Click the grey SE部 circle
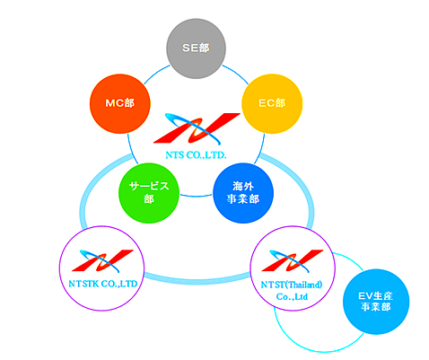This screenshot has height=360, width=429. tap(196, 48)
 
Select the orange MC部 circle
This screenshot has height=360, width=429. tap(120, 103)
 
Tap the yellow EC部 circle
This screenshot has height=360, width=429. tap(272, 103)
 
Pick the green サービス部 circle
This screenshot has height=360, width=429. tap(149, 193)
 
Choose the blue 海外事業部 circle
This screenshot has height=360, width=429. tap(243, 193)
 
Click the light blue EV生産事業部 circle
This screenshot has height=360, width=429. tap(376, 302)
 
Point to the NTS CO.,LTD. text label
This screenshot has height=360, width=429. tap(196, 155)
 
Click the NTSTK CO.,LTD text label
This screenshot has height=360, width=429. tap(103, 284)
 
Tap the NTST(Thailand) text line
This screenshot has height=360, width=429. tap(292, 285)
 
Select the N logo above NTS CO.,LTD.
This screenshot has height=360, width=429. tap(197, 128)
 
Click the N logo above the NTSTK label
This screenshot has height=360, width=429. tap(102, 260)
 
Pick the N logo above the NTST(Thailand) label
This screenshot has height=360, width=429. tap(293, 260)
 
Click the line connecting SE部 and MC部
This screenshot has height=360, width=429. tap(156, 74)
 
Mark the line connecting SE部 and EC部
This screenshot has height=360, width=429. tap(236, 74)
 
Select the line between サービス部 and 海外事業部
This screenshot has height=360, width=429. tap(196, 196)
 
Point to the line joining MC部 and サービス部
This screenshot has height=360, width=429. tap(132, 149)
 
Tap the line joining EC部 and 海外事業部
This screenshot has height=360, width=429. tap(260, 149)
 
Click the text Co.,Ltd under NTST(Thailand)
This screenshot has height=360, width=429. tap(292, 296)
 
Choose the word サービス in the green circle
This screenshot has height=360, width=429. tap(149, 186)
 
